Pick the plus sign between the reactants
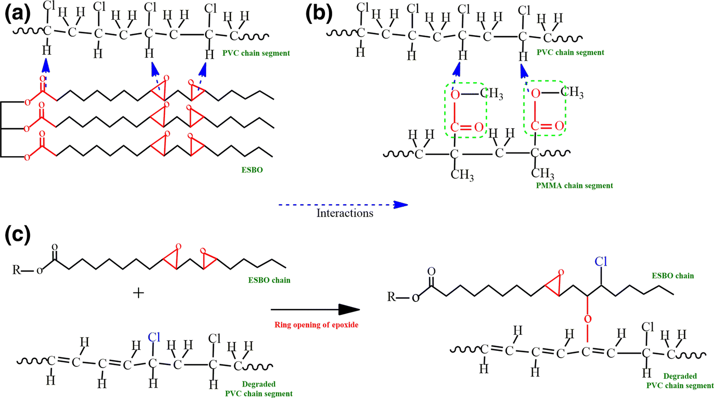coord(138,293)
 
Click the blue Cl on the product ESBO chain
coord(600,262)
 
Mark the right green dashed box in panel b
coord(546,110)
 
